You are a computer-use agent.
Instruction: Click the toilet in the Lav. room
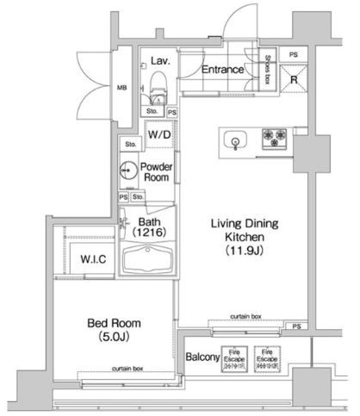coord(157,87)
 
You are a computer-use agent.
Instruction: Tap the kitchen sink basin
coord(235,140)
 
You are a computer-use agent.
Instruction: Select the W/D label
coord(158,136)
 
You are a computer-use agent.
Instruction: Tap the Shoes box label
coord(267,65)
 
